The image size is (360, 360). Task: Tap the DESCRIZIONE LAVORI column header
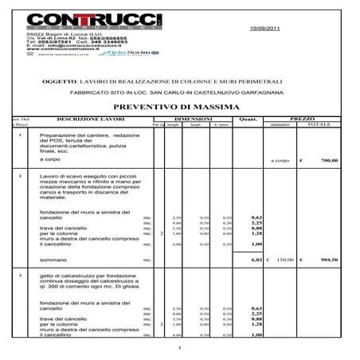[x=88, y=119]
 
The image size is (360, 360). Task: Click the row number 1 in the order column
[x=19, y=136]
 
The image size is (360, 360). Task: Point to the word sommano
[x=53, y=260]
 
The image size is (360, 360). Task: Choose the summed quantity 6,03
[x=256, y=260]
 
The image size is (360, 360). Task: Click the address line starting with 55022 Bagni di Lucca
[x=57, y=34]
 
